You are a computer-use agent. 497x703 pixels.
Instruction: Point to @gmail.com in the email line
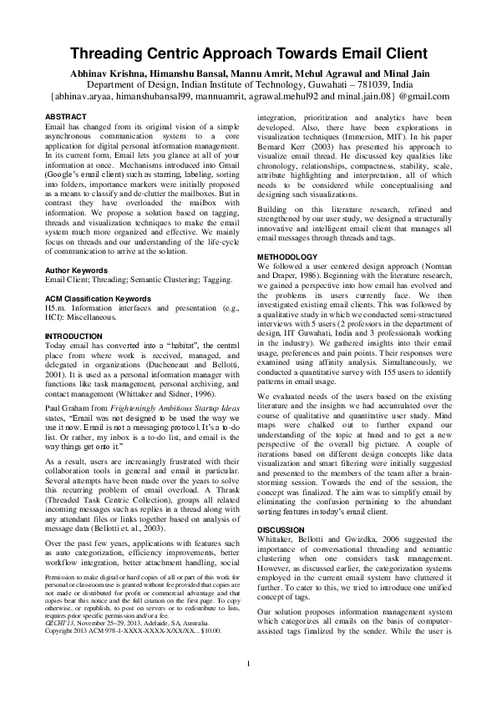tap(405, 97)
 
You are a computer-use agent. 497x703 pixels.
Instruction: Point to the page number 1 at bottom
tap(248, 663)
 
